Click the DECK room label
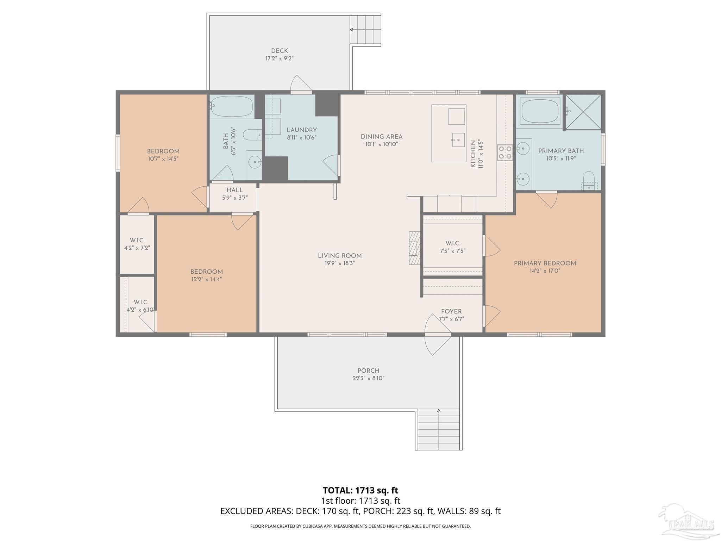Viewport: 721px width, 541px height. pos(279,51)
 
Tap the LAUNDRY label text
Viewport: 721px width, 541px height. pos(301,130)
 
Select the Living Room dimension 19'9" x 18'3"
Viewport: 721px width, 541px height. pos(339,263)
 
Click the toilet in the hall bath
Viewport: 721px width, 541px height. pos(251,135)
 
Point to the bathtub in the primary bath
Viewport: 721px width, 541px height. pos(540,111)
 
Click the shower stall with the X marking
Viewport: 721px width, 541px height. pos(583,112)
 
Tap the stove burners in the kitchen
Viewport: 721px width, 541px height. pos(504,153)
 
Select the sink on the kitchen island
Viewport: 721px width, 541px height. pos(458,140)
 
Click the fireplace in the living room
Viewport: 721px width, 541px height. pos(415,248)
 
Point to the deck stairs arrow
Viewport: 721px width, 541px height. pos(351,30)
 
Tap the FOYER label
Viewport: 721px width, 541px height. pos(451,311)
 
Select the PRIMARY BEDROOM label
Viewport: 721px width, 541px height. pos(545,263)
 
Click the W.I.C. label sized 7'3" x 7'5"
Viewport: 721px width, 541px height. pos(452,243)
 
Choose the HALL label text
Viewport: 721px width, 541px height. pos(234,190)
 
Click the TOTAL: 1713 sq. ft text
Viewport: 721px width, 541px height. pos(360,490)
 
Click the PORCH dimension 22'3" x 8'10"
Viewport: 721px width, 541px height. pos(368,378)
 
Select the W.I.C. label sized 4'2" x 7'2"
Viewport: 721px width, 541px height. pos(137,240)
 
